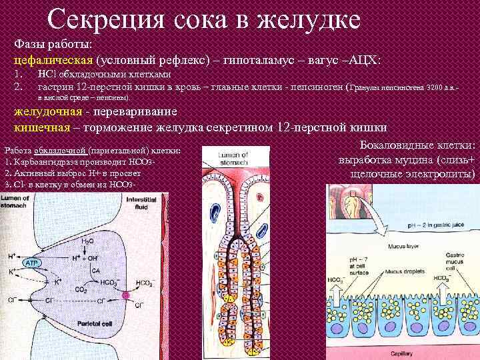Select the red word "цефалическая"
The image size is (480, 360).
tap(53, 60)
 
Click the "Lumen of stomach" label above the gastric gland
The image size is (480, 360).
tap(233, 157)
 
